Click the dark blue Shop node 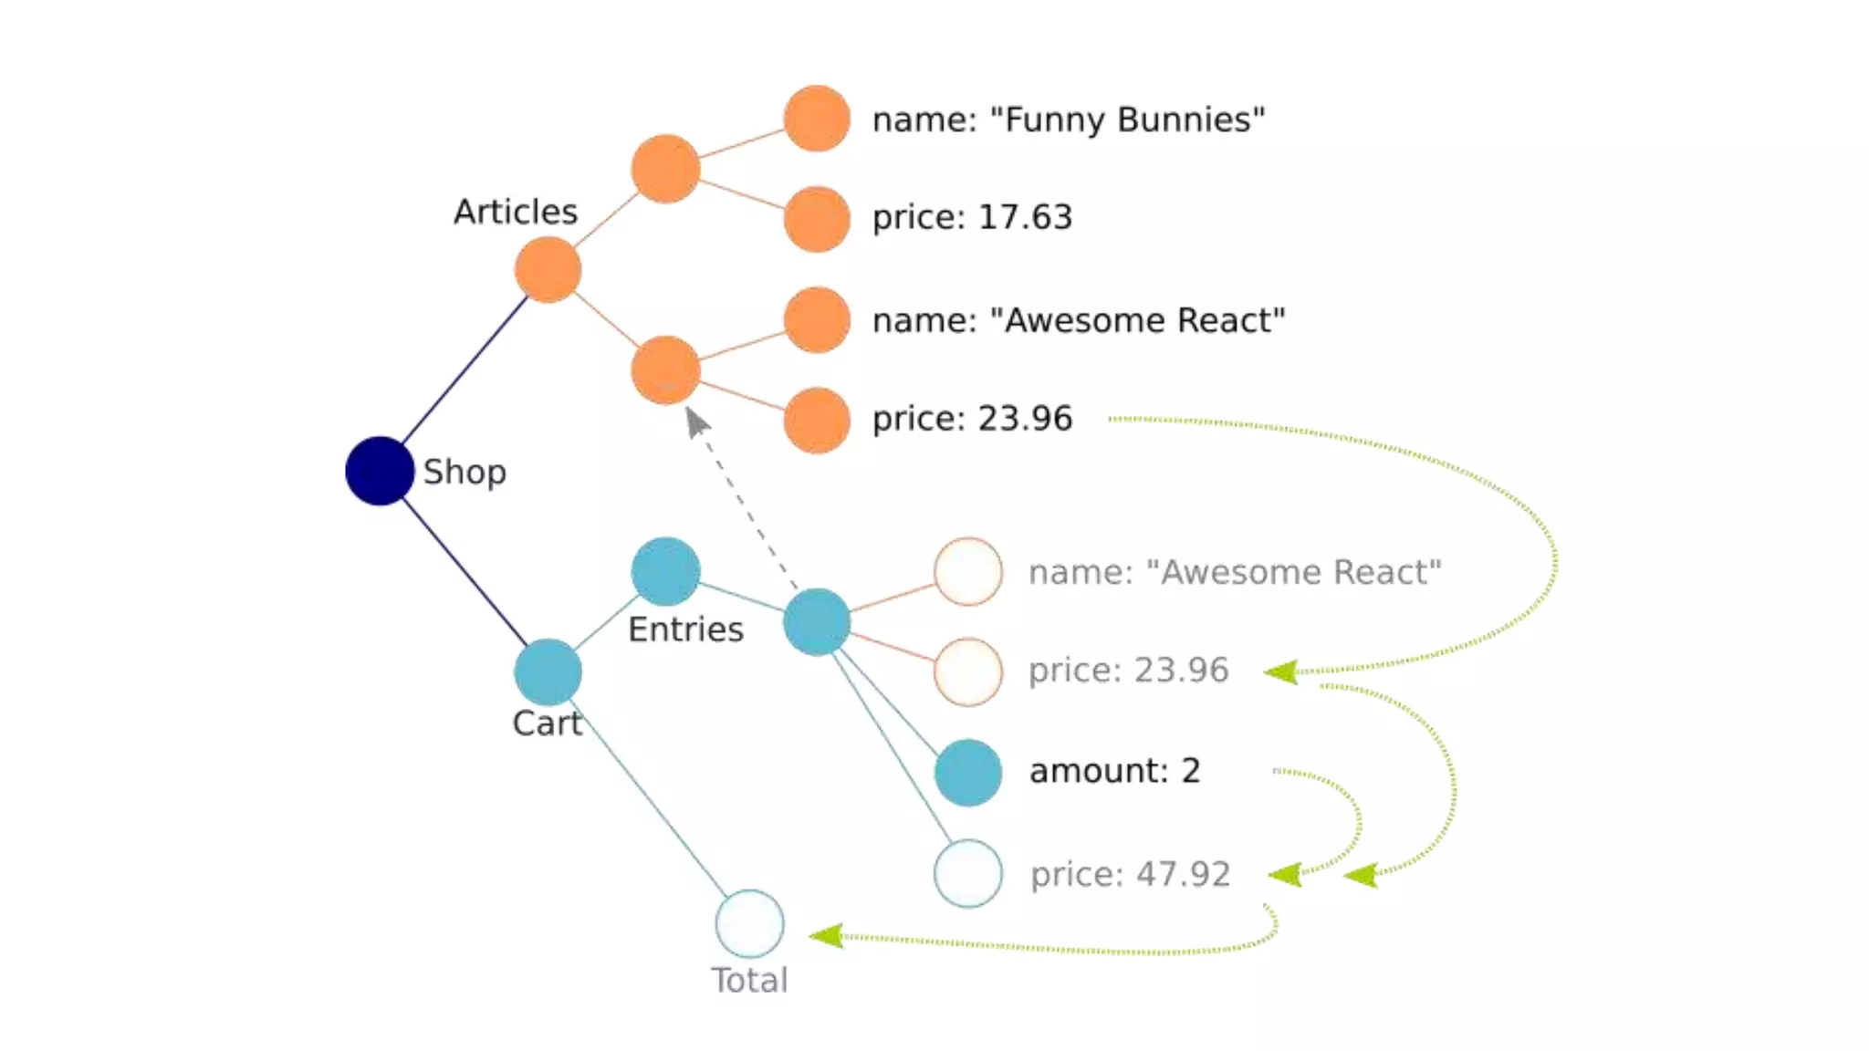tap(380, 471)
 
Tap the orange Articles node tap(548, 269)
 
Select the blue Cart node tap(548, 672)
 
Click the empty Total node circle tap(749, 923)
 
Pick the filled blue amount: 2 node tap(968, 772)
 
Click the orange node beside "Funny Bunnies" tap(817, 119)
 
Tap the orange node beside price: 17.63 tap(817, 219)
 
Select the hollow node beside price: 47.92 tap(968, 873)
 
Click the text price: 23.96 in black tap(972, 419)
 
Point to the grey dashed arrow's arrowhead tap(696, 421)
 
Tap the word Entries tap(685, 630)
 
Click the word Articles tap(516, 212)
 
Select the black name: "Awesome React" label tap(1078, 320)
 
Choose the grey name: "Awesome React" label tap(1235, 572)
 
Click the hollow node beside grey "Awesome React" tap(968, 572)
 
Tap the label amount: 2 tap(1114, 771)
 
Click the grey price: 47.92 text tap(1130, 874)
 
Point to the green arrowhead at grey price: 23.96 tap(1280, 672)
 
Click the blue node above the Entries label tap(665, 571)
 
